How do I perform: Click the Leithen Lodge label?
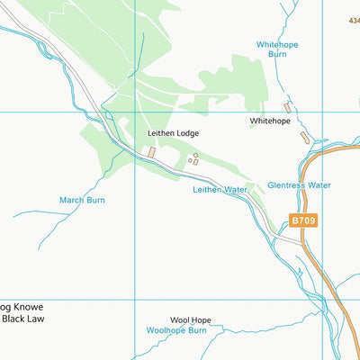tap(173, 133)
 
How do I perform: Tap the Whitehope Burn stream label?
tap(276, 49)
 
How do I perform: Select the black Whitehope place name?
tap(270, 121)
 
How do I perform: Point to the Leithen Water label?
tap(220, 190)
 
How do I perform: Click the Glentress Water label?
tap(299, 185)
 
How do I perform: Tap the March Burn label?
tap(83, 200)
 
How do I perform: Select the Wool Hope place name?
tap(190, 320)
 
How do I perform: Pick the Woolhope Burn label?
tap(176, 330)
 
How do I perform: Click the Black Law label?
tap(22, 319)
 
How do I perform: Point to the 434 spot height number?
tap(353, 20)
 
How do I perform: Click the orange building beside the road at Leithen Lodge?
tap(151, 153)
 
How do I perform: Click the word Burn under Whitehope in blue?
tap(277, 54)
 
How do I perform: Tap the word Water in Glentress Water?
tap(318, 185)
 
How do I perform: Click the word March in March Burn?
tap(73, 200)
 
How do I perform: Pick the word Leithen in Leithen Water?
tap(207, 190)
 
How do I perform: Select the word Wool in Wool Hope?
tap(179, 320)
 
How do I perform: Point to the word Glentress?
tap(286, 185)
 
